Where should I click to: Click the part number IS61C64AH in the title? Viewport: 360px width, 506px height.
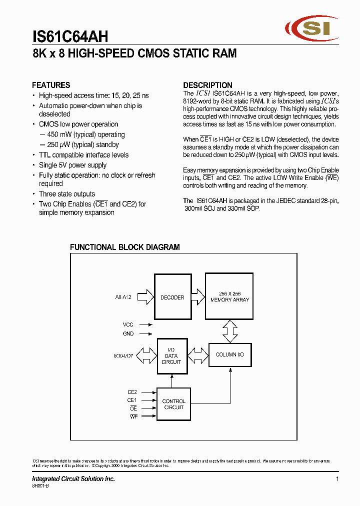click(x=70, y=36)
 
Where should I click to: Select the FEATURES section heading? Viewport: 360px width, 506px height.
click(x=51, y=85)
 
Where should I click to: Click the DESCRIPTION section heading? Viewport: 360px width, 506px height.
click(x=207, y=85)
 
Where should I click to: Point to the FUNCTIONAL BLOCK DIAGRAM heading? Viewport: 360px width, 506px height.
click(x=124, y=247)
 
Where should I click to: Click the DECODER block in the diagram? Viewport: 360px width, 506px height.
click(x=172, y=297)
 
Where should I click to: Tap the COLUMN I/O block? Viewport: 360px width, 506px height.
click(x=230, y=354)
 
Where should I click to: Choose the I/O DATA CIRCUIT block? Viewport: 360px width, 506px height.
click(x=171, y=356)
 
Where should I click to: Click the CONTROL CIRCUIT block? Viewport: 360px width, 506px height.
click(x=173, y=404)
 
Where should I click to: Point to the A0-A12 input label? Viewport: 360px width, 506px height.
click(x=123, y=297)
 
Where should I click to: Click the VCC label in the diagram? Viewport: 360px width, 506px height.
click(x=128, y=324)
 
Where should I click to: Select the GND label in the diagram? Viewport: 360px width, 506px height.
click(x=128, y=333)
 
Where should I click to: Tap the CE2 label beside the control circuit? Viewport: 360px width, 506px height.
click(x=132, y=392)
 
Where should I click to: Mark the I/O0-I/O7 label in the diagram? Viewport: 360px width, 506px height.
click(x=123, y=356)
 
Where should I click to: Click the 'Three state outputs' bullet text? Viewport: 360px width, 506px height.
click(x=67, y=194)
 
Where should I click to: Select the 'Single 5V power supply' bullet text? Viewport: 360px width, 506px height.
click(x=73, y=165)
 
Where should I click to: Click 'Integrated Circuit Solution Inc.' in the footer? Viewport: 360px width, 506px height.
click(x=73, y=478)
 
